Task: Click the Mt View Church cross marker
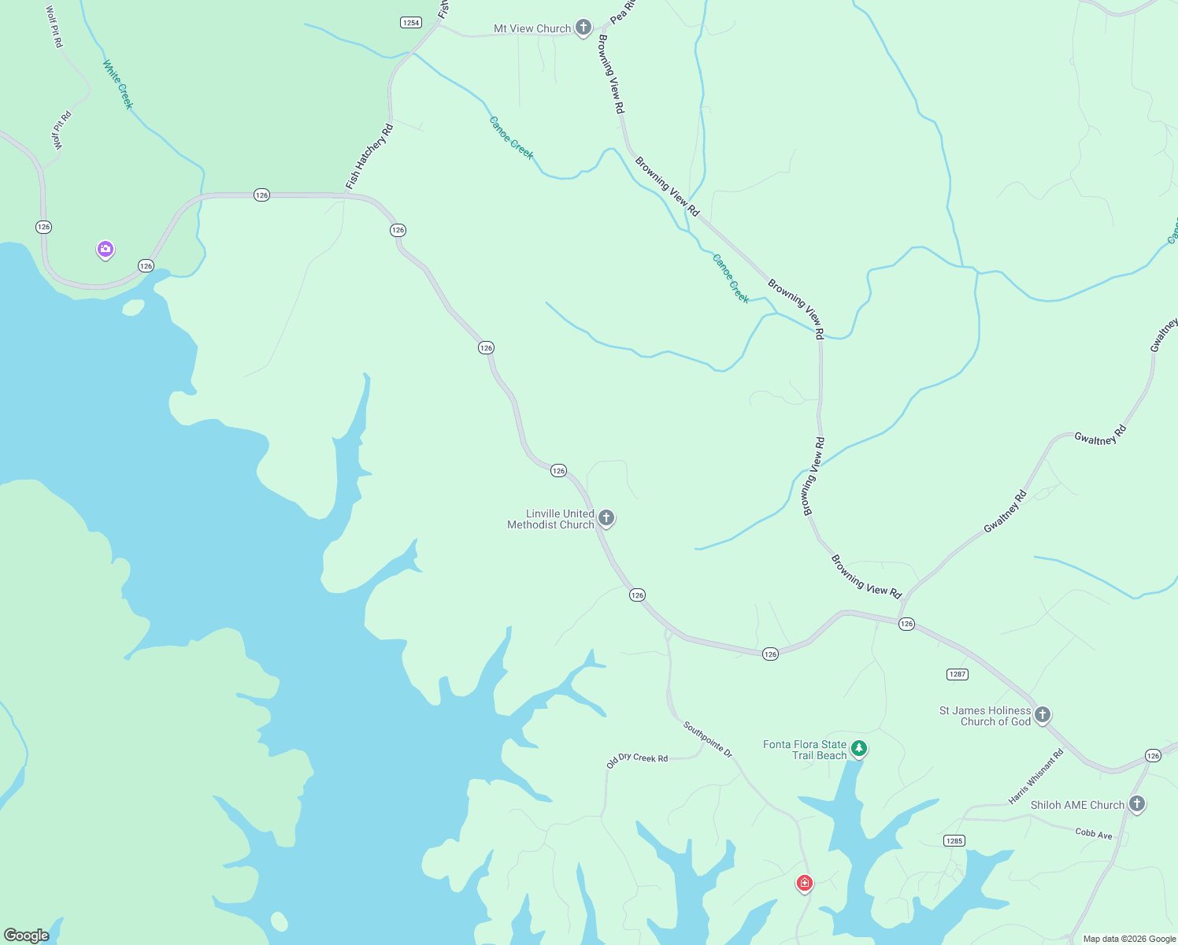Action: coord(583,28)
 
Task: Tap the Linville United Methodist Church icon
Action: coord(606,517)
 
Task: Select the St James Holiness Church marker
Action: coord(1042,714)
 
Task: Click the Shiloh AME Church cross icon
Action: coord(1136,803)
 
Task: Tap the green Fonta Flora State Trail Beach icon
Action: coord(859,747)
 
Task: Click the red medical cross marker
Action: coord(804,883)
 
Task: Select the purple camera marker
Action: coord(106,249)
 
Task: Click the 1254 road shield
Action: coord(411,23)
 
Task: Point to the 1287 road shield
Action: coord(957,674)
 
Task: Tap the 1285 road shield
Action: coord(954,841)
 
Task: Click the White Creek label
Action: coord(118,84)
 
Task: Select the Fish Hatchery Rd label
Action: coord(369,157)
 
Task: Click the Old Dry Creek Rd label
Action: coord(637,759)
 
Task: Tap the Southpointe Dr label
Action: coord(708,739)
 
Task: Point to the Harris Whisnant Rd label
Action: coord(1035,776)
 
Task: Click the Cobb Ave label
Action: coord(1094,833)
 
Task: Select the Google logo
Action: coord(27,935)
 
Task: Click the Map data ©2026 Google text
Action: coord(1128,939)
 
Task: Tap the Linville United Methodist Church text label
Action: coord(551,519)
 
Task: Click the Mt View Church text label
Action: coord(532,28)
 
